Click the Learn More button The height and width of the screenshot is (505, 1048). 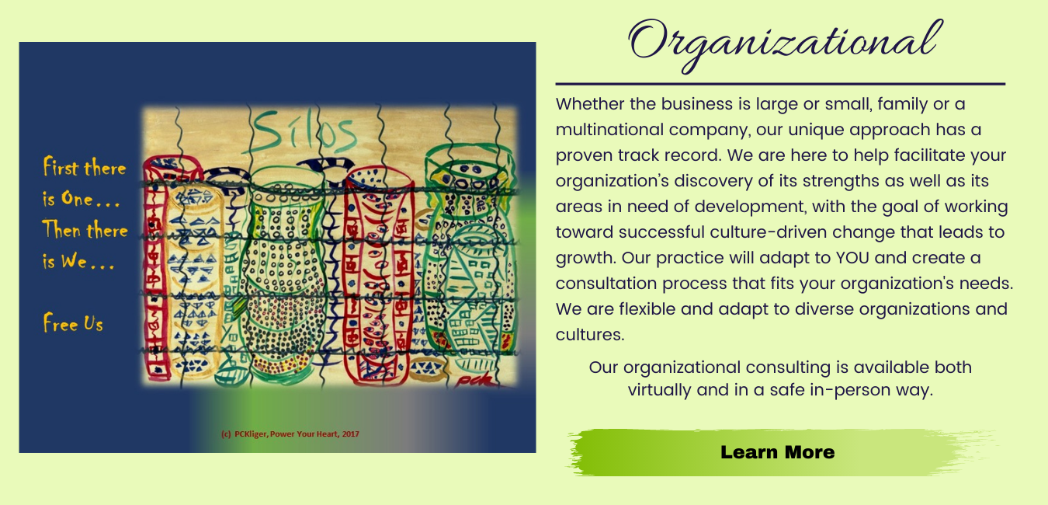click(778, 452)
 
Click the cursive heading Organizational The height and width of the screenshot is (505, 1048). click(784, 44)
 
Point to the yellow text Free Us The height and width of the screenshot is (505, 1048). click(73, 323)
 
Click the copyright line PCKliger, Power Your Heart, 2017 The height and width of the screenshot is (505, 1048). click(290, 434)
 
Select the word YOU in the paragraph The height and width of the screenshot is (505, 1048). click(852, 258)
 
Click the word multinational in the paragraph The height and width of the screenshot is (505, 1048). click(609, 130)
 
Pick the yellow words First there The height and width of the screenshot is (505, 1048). click(85, 167)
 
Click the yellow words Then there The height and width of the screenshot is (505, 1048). click(85, 229)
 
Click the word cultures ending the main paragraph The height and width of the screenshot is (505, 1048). click(590, 335)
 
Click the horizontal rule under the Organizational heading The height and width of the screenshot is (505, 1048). click(780, 84)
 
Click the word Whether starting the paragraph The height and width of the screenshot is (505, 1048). click(590, 104)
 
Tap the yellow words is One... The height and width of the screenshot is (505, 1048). click(68, 198)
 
